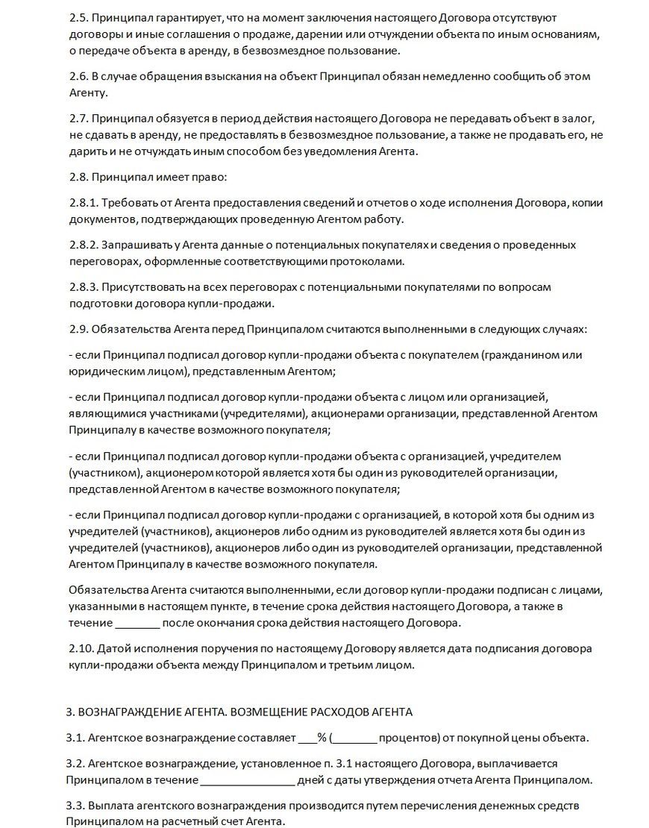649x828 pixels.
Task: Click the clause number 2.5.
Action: [77, 16]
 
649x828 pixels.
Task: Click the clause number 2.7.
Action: [77, 118]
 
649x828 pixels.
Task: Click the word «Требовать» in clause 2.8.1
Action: [129, 202]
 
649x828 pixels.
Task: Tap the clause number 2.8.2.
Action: [83, 244]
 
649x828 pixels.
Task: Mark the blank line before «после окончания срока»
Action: [138, 622]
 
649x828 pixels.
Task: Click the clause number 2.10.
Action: [80, 648]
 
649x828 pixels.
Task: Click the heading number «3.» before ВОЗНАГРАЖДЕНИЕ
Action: [71, 712]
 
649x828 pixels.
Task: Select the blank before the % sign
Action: [307, 738]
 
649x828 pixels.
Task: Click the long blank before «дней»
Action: [248, 780]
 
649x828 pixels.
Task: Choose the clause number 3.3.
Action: [77, 806]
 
